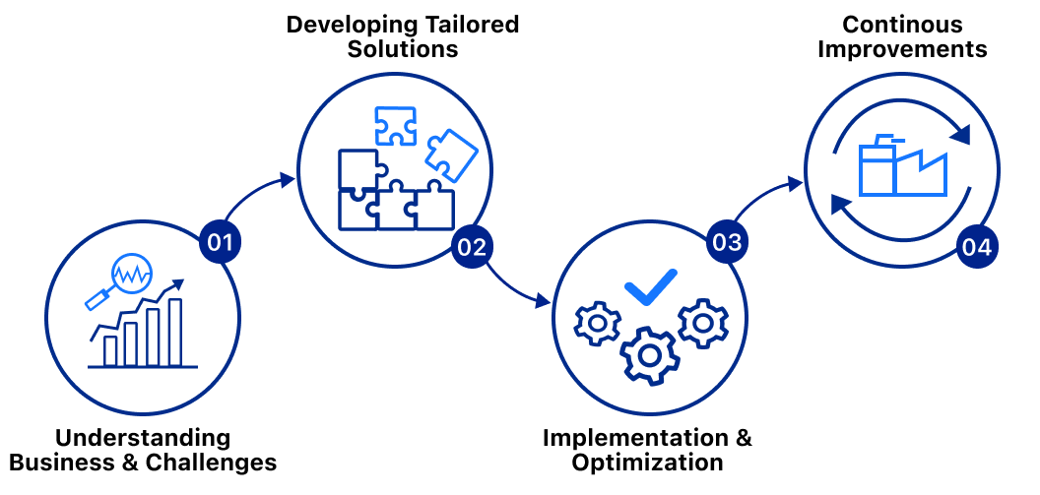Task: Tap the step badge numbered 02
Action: (472, 246)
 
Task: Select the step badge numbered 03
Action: (727, 242)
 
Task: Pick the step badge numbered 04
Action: (977, 246)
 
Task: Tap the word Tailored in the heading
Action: (471, 25)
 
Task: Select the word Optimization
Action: (648, 462)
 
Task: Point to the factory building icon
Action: (901, 169)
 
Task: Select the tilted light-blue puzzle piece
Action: (451, 153)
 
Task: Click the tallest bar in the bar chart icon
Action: (175, 331)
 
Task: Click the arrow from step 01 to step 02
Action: (258, 194)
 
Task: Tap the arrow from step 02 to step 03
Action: (517, 285)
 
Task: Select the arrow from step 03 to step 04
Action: (766, 194)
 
